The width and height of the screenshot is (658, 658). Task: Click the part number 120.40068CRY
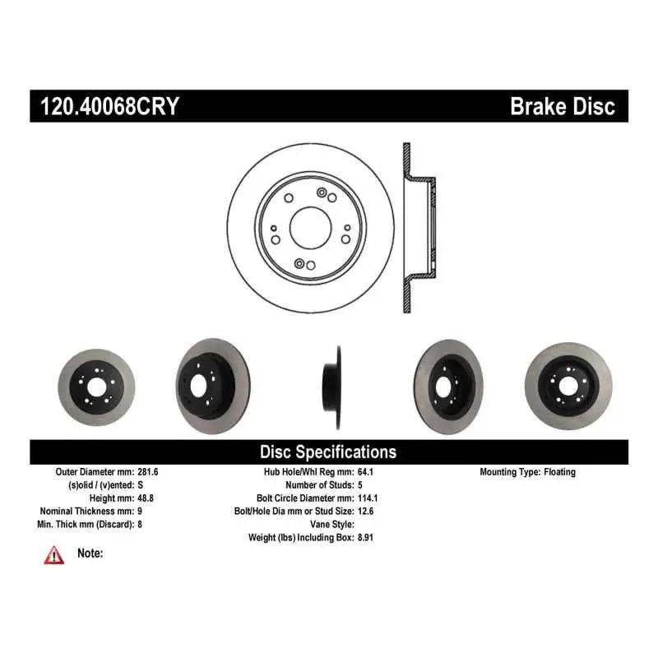109,106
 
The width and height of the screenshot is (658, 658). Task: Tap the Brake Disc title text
563,106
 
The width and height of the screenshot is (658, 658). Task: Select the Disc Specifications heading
328,452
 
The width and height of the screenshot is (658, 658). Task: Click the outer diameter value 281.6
148,471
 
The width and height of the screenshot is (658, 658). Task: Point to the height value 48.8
146,498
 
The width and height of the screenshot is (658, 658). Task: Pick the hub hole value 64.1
365,471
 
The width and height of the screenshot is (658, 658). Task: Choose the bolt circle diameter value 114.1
368,498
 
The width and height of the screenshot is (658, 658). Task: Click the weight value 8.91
365,537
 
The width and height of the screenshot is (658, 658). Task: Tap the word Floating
559,472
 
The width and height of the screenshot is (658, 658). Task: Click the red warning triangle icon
54,555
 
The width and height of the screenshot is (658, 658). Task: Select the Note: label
90,553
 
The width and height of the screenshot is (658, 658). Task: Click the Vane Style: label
332,524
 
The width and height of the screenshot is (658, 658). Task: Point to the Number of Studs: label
320,484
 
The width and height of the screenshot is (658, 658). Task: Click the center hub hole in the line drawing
311,228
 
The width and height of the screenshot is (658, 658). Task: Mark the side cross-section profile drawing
419,228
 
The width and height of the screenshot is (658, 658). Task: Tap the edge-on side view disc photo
331,387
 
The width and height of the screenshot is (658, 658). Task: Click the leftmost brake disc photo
96,387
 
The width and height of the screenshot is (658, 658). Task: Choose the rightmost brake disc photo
568,386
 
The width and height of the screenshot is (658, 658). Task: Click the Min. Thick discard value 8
140,524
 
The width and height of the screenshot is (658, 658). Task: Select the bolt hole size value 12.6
365,511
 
